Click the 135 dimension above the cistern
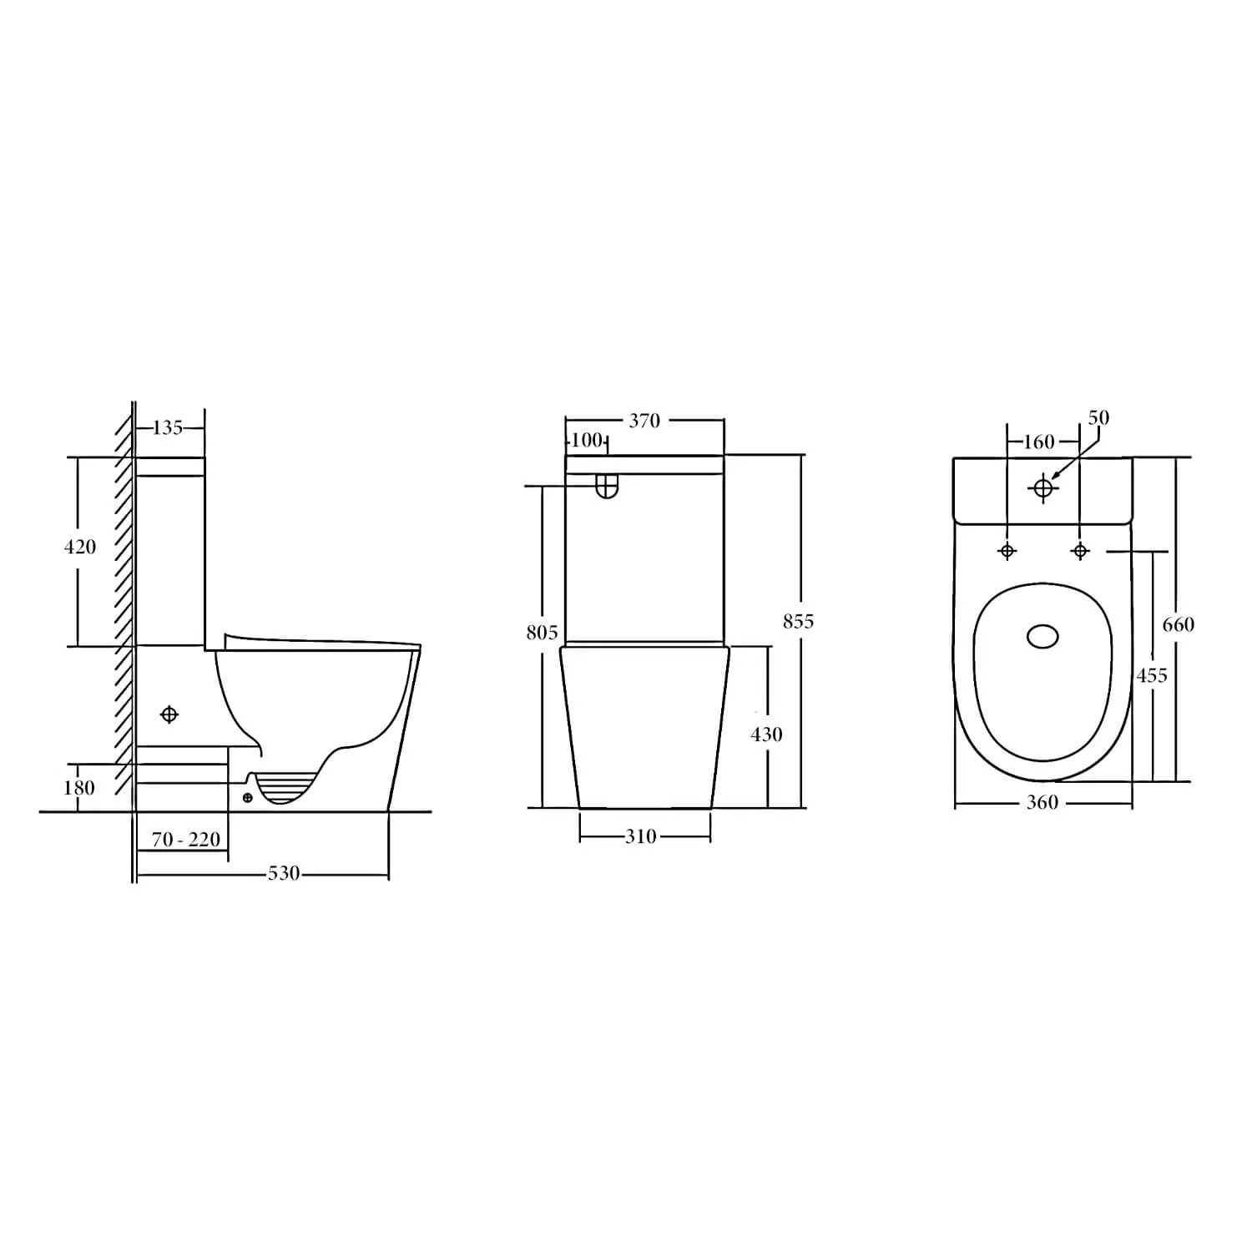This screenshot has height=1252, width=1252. coord(168,427)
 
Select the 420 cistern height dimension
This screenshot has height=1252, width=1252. coord(80,547)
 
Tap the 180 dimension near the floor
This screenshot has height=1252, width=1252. coord(79,787)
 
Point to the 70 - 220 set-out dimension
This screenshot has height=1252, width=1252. coord(186,839)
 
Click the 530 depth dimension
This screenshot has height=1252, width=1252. coord(284,873)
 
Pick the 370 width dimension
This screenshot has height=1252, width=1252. coord(644,421)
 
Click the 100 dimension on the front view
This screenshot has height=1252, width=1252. coord(588,440)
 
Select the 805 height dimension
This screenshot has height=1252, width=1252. coord(542,633)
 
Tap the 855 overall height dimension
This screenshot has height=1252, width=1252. coord(798,621)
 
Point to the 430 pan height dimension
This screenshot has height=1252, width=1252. coord(766,735)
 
